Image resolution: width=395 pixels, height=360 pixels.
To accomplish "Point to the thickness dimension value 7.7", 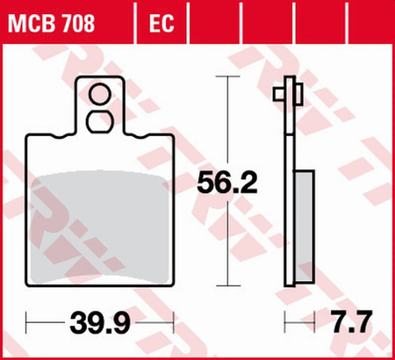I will (353, 323).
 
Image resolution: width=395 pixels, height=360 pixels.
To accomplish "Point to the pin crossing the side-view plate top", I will (290, 92).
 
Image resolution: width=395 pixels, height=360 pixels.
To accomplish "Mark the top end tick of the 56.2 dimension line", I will (229, 77).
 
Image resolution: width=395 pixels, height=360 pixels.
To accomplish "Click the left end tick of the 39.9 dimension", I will (27, 323).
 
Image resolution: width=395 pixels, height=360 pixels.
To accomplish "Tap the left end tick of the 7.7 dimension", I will (284, 323).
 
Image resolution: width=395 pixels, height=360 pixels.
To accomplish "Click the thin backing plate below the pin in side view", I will (288, 176).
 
